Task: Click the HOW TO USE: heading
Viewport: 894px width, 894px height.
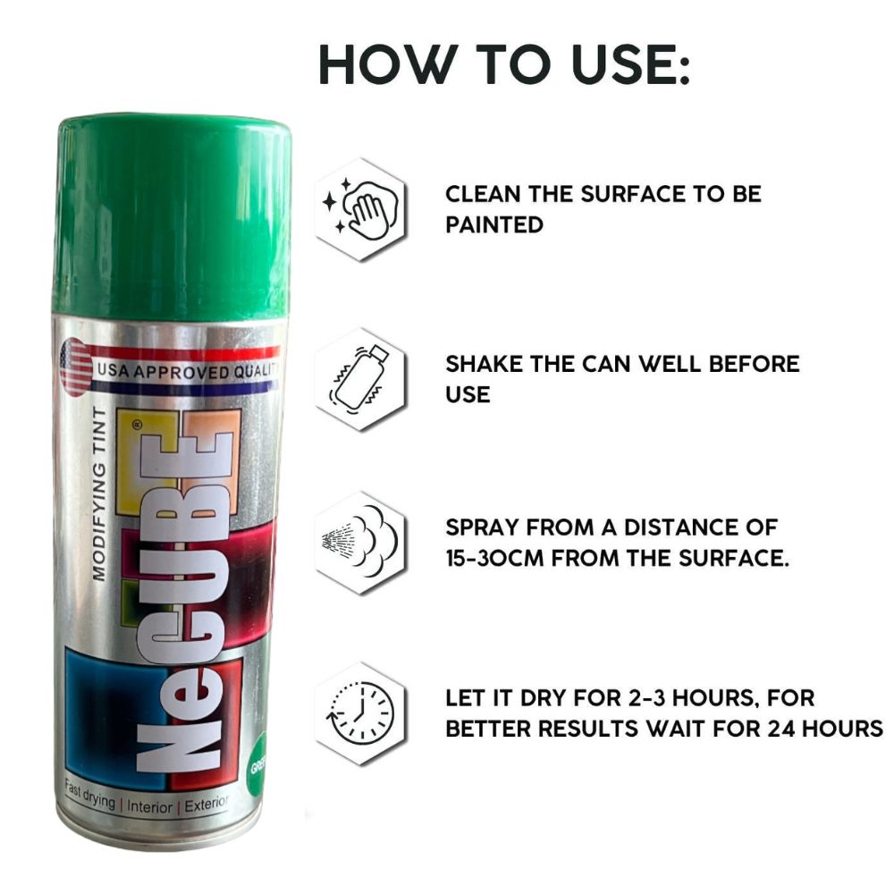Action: (504, 63)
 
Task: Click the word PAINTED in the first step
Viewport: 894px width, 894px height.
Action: (494, 225)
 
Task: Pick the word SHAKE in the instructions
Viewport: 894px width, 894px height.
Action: (483, 365)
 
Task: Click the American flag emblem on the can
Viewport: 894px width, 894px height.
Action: (76, 367)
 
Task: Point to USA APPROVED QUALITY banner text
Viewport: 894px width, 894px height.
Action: (188, 372)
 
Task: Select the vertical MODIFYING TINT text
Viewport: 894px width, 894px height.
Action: (99, 493)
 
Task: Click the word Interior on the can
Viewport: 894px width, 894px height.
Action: (149, 806)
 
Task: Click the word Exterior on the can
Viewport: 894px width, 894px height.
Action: (207, 804)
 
